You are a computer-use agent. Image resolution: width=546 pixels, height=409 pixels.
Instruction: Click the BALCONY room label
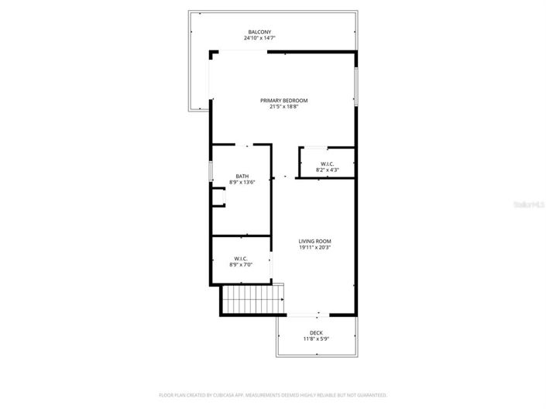click(x=259, y=32)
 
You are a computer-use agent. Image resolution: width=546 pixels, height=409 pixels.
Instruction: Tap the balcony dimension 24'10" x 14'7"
click(x=259, y=38)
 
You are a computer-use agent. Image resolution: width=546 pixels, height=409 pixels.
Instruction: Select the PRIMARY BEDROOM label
click(x=283, y=101)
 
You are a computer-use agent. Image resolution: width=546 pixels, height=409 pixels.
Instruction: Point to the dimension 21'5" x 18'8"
click(x=283, y=107)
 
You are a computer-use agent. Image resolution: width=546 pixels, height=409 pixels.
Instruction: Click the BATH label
click(x=242, y=176)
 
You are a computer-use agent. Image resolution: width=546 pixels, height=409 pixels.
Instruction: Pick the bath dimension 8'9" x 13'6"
click(x=242, y=182)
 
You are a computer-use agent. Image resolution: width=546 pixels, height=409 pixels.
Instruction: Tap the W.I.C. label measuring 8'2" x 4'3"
click(x=327, y=163)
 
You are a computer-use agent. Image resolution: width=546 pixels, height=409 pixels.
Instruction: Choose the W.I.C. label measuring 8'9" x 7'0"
click(x=241, y=259)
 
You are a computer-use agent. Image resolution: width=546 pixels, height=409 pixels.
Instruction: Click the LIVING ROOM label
click(x=314, y=242)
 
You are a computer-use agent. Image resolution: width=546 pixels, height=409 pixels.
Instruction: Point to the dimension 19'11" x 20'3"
click(x=314, y=248)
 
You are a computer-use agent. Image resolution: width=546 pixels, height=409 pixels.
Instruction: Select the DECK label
click(x=316, y=332)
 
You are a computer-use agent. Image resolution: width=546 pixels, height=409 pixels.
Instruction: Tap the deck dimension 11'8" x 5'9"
click(x=316, y=339)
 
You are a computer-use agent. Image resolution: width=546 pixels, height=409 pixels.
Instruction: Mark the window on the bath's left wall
click(x=211, y=172)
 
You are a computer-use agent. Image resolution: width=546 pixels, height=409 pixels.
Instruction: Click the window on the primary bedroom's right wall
click(x=356, y=86)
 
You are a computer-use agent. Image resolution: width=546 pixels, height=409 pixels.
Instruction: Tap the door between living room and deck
click(x=307, y=314)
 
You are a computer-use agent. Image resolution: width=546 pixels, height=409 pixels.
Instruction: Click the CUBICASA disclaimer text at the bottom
click(x=273, y=394)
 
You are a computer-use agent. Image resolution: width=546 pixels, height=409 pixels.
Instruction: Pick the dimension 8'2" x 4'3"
click(x=327, y=170)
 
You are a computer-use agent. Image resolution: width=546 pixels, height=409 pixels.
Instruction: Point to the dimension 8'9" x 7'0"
click(x=241, y=265)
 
